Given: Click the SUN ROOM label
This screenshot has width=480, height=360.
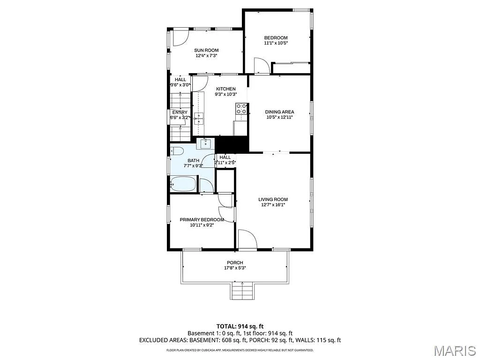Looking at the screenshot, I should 206,50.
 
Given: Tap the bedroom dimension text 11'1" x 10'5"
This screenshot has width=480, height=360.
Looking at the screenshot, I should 276,43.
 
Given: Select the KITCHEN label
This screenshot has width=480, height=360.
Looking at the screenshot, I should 225,89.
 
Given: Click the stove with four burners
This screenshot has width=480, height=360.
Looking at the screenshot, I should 241,109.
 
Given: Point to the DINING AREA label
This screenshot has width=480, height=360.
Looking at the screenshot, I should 279,112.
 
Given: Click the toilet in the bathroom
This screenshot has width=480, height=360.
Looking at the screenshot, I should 177,151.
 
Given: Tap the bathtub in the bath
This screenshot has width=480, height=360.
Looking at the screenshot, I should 183,184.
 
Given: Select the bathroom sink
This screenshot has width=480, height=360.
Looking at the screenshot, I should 205,143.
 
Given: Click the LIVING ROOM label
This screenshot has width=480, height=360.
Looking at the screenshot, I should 273,199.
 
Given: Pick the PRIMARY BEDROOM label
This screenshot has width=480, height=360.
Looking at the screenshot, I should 200,219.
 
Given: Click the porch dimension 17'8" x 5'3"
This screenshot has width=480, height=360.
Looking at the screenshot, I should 235,268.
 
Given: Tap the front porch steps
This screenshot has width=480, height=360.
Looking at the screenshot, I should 242,292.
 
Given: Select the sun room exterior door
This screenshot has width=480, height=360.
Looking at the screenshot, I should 180,37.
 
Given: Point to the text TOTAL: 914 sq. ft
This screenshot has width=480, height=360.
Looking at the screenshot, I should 240,326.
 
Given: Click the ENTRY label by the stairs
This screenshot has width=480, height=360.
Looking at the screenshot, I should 180,112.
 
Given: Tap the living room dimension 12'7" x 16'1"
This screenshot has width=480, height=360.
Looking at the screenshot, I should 273,205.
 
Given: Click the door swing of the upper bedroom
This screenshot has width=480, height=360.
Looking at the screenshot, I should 261,66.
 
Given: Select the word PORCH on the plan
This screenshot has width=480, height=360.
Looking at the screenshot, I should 235,262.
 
